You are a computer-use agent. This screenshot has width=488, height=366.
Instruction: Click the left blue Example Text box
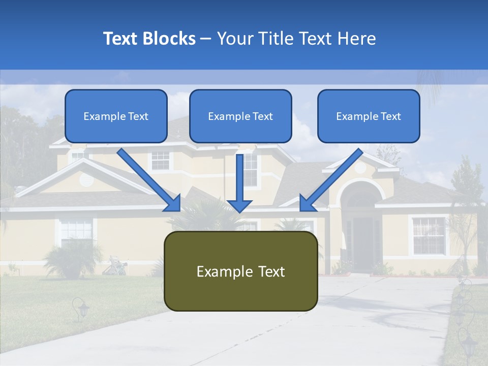[116, 116]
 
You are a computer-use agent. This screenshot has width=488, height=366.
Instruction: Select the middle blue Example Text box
[240, 116]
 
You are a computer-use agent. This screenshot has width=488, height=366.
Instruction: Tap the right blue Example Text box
[369, 116]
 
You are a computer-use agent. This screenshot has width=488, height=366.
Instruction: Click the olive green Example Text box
[240, 271]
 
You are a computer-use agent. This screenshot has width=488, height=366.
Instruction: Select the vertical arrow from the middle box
[239, 183]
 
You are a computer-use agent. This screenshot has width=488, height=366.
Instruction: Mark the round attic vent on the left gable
[86, 179]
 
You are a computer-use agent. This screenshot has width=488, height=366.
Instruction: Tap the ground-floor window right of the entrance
[428, 235]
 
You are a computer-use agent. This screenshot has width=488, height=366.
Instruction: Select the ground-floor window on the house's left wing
[76, 231]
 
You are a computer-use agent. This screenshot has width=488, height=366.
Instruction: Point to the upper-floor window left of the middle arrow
[161, 160]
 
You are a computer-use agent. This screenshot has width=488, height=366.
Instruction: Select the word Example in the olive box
[218, 271]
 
